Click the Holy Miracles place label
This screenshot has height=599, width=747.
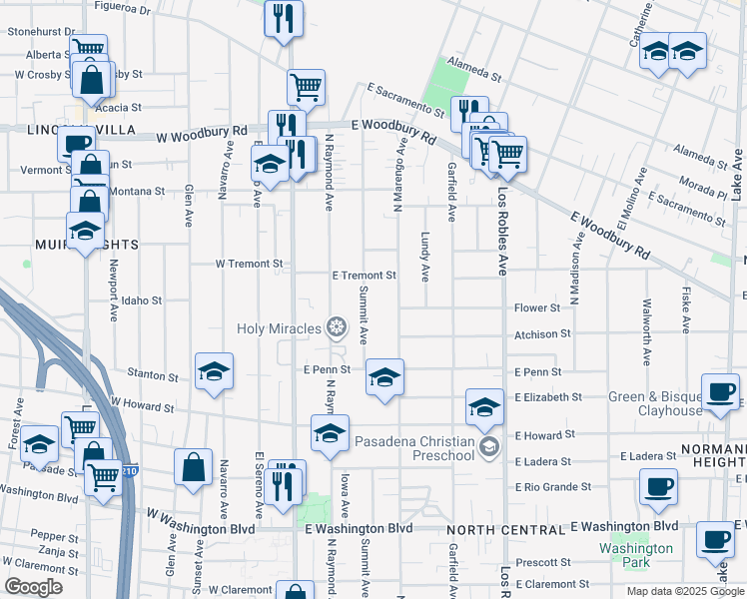coord(280,327)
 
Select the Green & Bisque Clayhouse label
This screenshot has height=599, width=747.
coord(656,403)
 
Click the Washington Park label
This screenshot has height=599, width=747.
coord(635,555)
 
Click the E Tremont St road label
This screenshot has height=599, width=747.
coord(365,275)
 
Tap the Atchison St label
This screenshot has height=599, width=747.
coord(543,334)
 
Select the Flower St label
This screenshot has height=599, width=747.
coord(537,308)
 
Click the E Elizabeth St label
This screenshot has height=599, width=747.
coord(548,397)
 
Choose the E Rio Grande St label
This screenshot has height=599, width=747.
coord(553,487)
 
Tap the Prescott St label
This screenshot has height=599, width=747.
coord(545,562)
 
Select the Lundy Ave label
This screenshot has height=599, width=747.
coord(424,259)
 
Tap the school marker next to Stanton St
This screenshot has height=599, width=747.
coord(214,371)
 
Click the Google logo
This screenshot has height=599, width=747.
coord(33,587)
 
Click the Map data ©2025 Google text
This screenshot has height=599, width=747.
coord(684,591)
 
